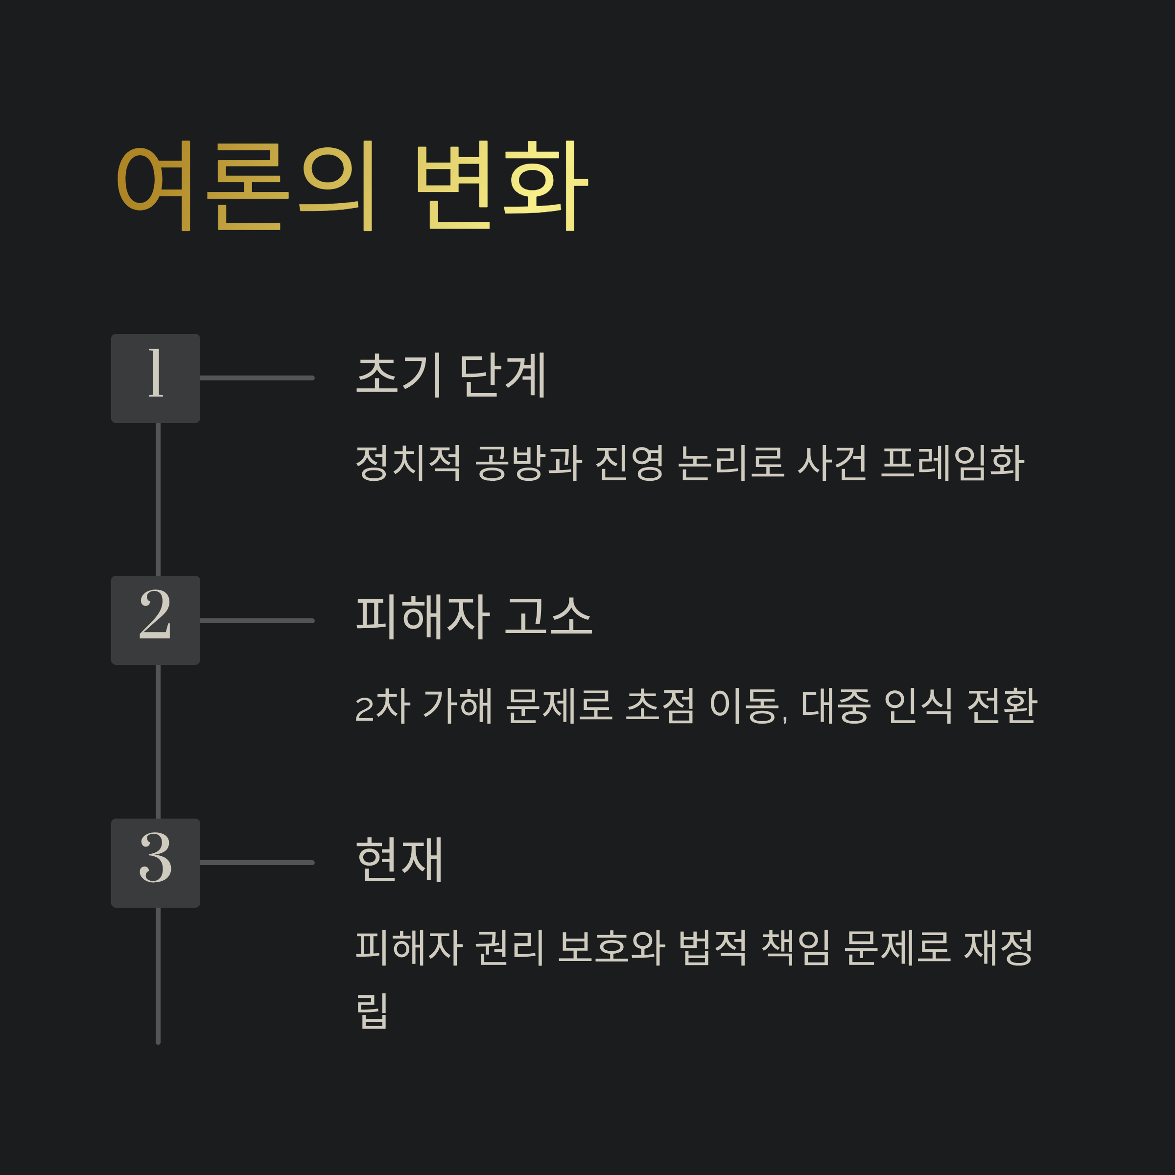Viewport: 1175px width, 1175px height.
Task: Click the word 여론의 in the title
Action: tap(246, 186)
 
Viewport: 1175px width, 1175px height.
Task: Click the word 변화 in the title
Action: tap(501, 186)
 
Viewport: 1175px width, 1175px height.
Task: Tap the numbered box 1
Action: tap(155, 378)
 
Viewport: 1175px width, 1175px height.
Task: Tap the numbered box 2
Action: tap(155, 620)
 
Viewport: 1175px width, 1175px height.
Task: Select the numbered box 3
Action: tap(155, 862)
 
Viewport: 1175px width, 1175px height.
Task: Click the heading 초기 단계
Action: tap(450, 375)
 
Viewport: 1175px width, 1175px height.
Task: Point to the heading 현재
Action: tap(399, 859)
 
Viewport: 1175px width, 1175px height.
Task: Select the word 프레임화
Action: tap(952, 463)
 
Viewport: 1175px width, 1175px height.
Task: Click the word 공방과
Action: tap(528, 463)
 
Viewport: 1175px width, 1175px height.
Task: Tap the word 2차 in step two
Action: tap(383, 706)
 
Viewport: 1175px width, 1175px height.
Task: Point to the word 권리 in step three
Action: tap(509, 947)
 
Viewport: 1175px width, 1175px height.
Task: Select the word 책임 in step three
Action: tap(796, 947)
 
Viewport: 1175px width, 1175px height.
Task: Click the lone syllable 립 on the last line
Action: tap(372, 1011)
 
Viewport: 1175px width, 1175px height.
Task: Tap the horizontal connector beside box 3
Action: tap(257, 862)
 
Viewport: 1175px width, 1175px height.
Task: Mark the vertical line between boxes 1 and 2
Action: tap(158, 499)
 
